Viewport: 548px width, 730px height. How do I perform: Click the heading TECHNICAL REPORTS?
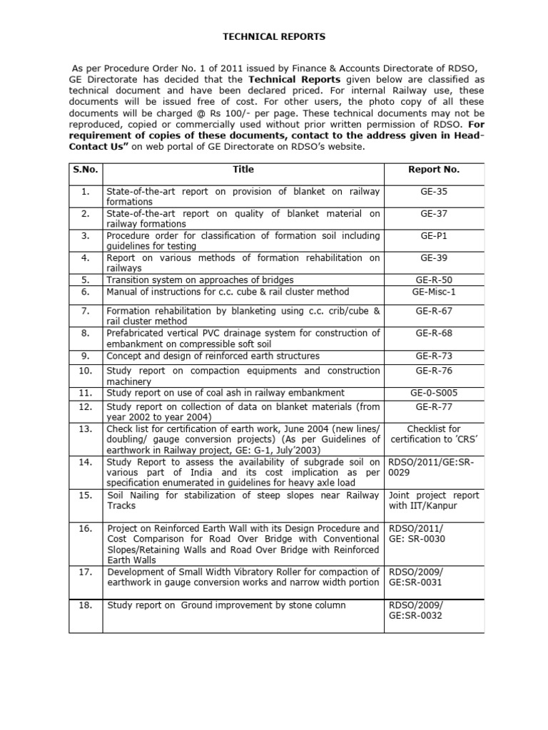(x=275, y=36)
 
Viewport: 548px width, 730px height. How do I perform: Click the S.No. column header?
(x=86, y=170)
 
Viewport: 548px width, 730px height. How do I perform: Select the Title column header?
(x=243, y=170)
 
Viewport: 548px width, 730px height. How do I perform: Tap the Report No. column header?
(x=433, y=170)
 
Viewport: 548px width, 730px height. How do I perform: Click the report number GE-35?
(x=433, y=192)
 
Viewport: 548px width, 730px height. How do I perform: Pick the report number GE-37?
(x=433, y=213)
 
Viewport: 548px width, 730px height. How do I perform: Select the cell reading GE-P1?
(x=433, y=235)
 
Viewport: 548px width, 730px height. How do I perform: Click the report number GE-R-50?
(x=433, y=279)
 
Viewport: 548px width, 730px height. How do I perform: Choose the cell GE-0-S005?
(x=433, y=393)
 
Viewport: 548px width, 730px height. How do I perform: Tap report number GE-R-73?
(x=433, y=356)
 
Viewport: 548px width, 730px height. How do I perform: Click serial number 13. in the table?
(x=86, y=428)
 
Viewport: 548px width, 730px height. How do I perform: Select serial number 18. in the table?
(x=86, y=605)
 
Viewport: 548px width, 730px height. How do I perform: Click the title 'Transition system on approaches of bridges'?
(x=200, y=279)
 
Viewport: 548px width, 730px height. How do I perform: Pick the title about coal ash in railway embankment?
(x=225, y=393)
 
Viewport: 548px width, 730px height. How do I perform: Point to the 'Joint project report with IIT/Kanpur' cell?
(x=433, y=500)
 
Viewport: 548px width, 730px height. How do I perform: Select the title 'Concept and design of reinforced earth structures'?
(x=213, y=356)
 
